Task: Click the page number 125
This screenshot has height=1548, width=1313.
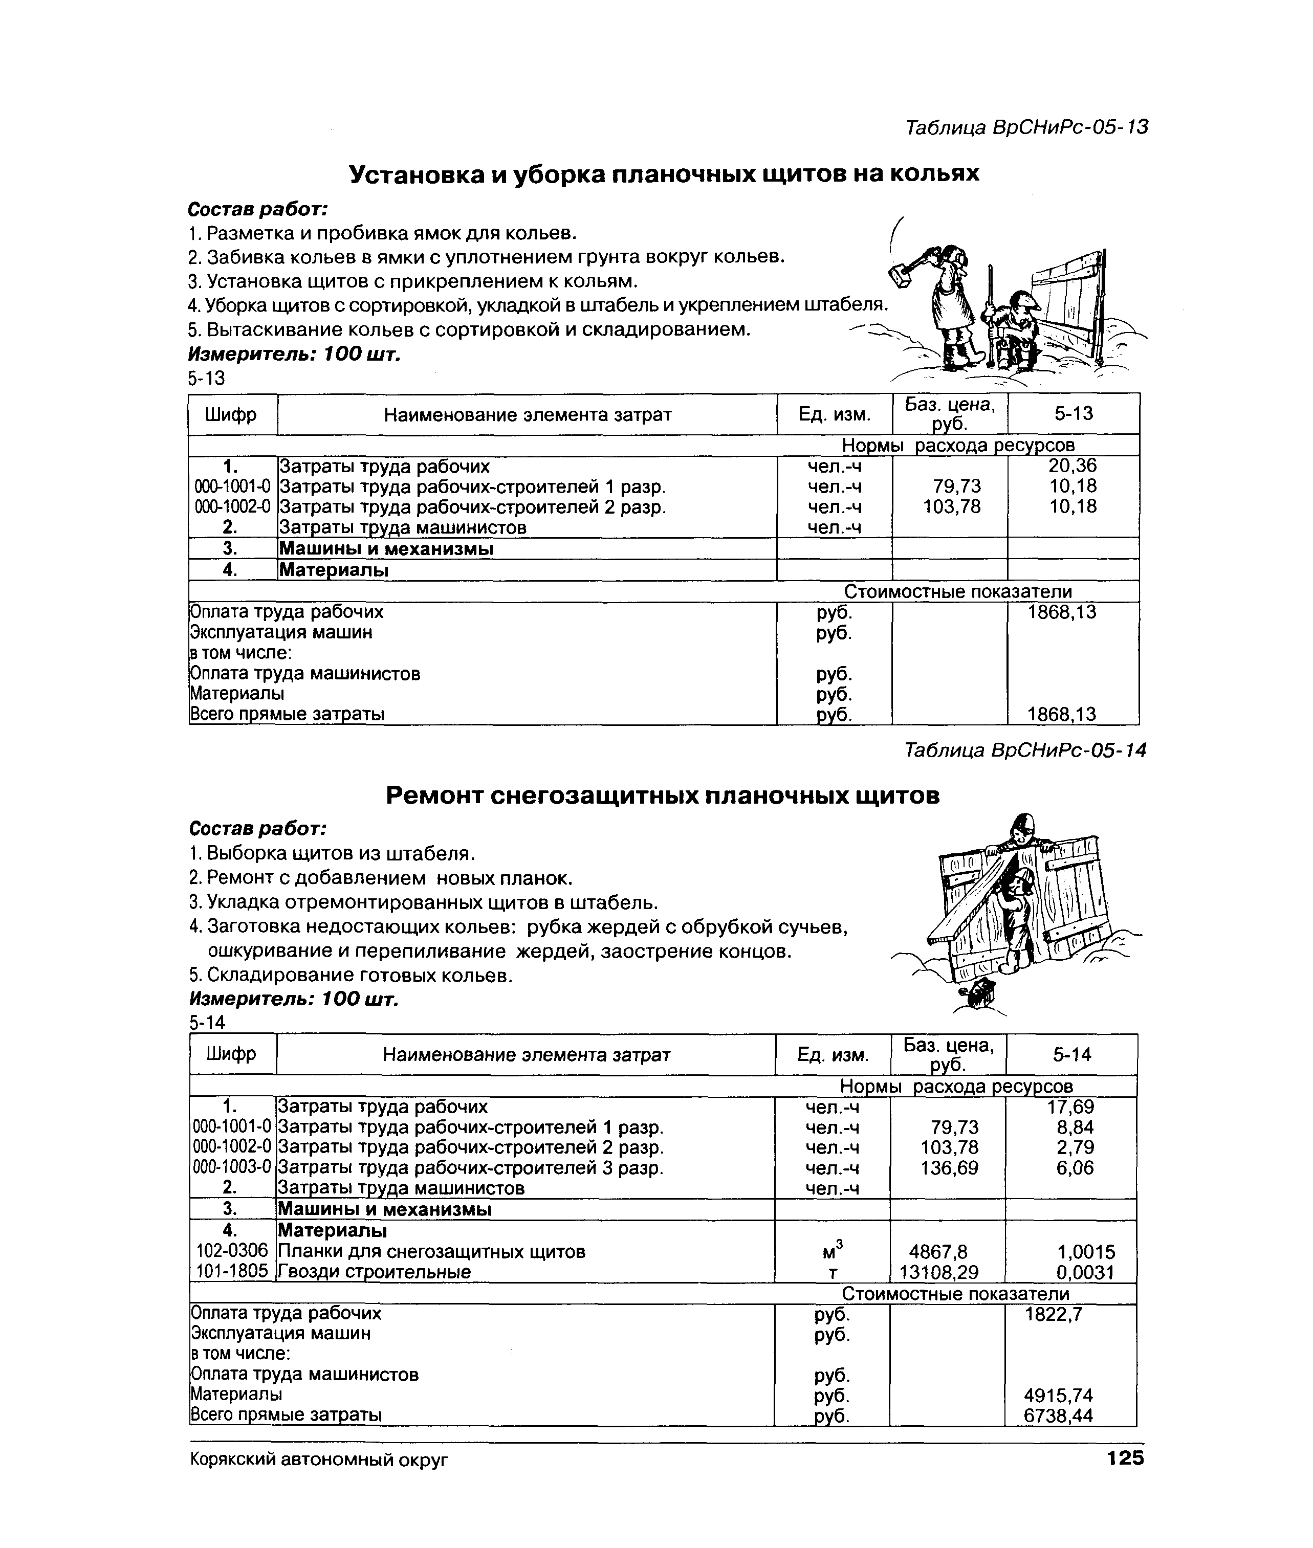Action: (1125, 1457)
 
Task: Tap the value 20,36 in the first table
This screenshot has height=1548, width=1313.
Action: (1073, 466)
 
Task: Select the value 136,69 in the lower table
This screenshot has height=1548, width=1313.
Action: (949, 1168)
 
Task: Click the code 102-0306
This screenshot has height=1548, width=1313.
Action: (232, 1251)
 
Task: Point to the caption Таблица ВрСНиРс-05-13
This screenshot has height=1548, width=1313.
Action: (1026, 127)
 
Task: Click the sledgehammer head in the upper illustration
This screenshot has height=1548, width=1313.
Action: (903, 275)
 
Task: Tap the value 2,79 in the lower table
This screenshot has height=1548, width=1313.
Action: (1076, 1147)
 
